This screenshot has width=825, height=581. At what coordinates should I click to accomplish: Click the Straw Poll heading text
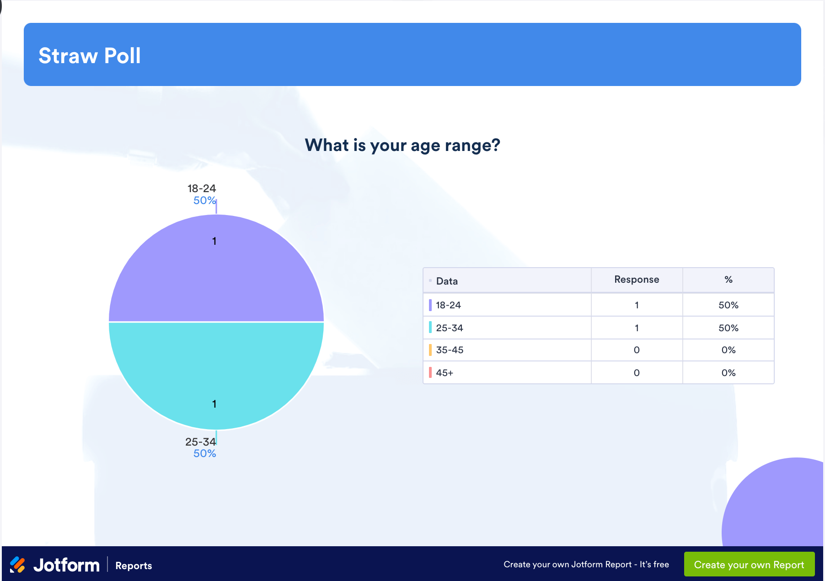(90, 56)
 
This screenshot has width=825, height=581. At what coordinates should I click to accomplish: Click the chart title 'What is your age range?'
(402, 145)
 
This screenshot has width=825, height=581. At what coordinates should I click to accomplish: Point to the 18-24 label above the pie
(202, 188)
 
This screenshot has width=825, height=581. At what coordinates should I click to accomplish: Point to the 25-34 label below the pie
(200, 442)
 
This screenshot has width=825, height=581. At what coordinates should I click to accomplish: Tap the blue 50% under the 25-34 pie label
(204, 453)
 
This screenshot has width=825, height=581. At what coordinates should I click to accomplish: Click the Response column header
(637, 280)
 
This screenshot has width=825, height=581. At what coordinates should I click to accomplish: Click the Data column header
(447, 281)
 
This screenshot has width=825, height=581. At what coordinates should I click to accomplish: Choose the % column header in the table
(729, 280)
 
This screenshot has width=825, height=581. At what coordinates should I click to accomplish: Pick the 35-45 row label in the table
(450, 350)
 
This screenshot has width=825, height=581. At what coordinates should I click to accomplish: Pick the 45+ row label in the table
(445, 373)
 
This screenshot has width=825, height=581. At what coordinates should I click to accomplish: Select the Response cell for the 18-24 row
(637, 305)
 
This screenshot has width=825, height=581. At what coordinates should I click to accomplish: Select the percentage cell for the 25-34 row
(729, 328)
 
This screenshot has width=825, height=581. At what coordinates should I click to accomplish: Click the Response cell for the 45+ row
(637, 373)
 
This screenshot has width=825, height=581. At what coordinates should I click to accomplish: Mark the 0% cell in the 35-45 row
(729, 350)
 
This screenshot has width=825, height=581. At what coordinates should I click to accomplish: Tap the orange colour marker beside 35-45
(430, 350)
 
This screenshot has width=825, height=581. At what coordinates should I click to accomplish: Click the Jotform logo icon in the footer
(18, 565)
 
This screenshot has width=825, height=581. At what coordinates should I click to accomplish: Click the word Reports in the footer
(134, 565)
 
